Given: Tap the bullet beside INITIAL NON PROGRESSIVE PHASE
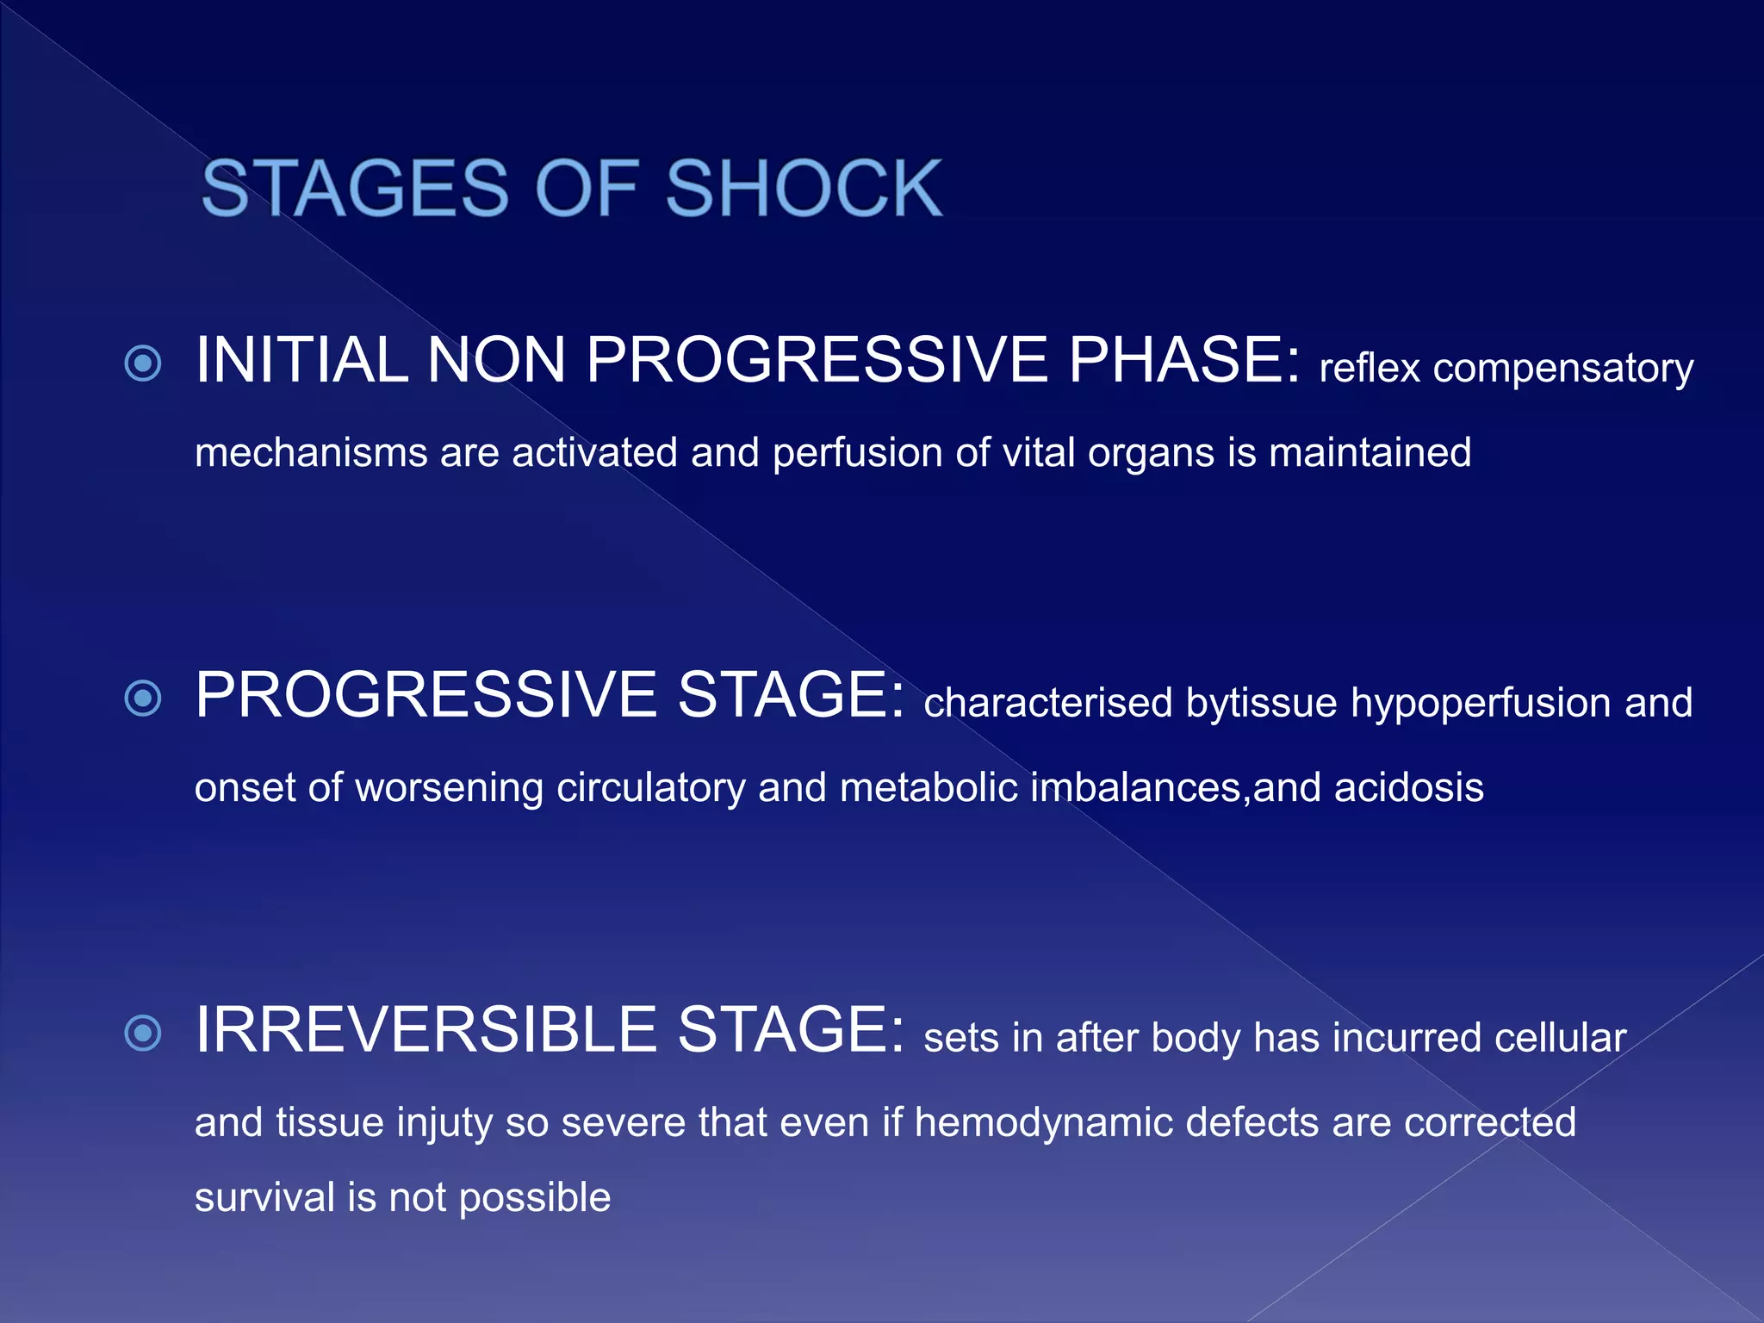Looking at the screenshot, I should tap(143, 363).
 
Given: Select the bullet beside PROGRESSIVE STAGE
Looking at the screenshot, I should tap(143, 698).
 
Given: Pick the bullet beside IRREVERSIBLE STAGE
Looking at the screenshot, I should tap(143, 1033).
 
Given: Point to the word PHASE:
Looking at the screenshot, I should tap(1184, 360).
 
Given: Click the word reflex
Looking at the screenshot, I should tap(1370, 369).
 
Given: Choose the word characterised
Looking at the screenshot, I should tap(1047, 703).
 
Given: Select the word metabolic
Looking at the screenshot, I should tap(929, 787).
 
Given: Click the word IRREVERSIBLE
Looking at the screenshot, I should tap(425, 1030).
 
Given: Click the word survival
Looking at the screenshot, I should tap(264, 1198).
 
